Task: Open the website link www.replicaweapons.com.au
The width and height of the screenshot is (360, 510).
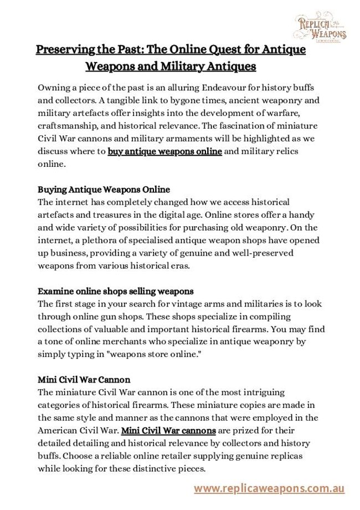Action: (x=269, y=488)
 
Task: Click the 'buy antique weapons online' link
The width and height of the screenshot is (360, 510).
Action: (x=165, y=151)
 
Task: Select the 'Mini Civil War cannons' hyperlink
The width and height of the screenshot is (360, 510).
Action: (x=168, y=430)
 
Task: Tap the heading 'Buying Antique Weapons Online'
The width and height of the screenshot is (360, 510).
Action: (x=104, y=190)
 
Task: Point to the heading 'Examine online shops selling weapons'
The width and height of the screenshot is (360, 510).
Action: (x=115, y=291)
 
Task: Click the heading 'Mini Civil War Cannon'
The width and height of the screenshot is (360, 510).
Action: (x=84, y=380)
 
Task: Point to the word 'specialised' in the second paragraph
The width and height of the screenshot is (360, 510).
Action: (x=159, y=241)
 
